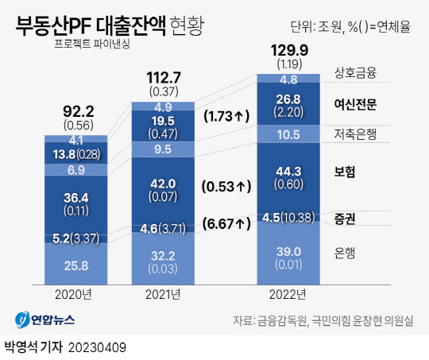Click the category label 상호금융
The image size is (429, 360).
(x=354, y=73)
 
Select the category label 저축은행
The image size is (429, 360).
(x=354, y=134)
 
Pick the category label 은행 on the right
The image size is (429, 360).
(x=345, y=253)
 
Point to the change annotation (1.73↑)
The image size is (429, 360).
(x=227, y=116)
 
